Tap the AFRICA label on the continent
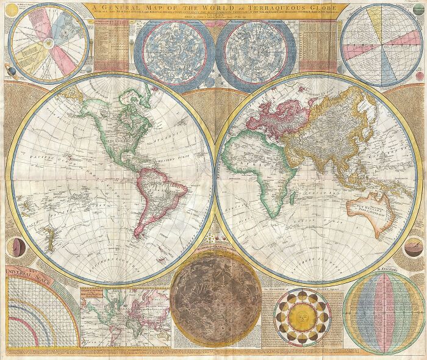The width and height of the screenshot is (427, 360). point(247,164)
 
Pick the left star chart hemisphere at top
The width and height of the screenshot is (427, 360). point(174,48)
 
